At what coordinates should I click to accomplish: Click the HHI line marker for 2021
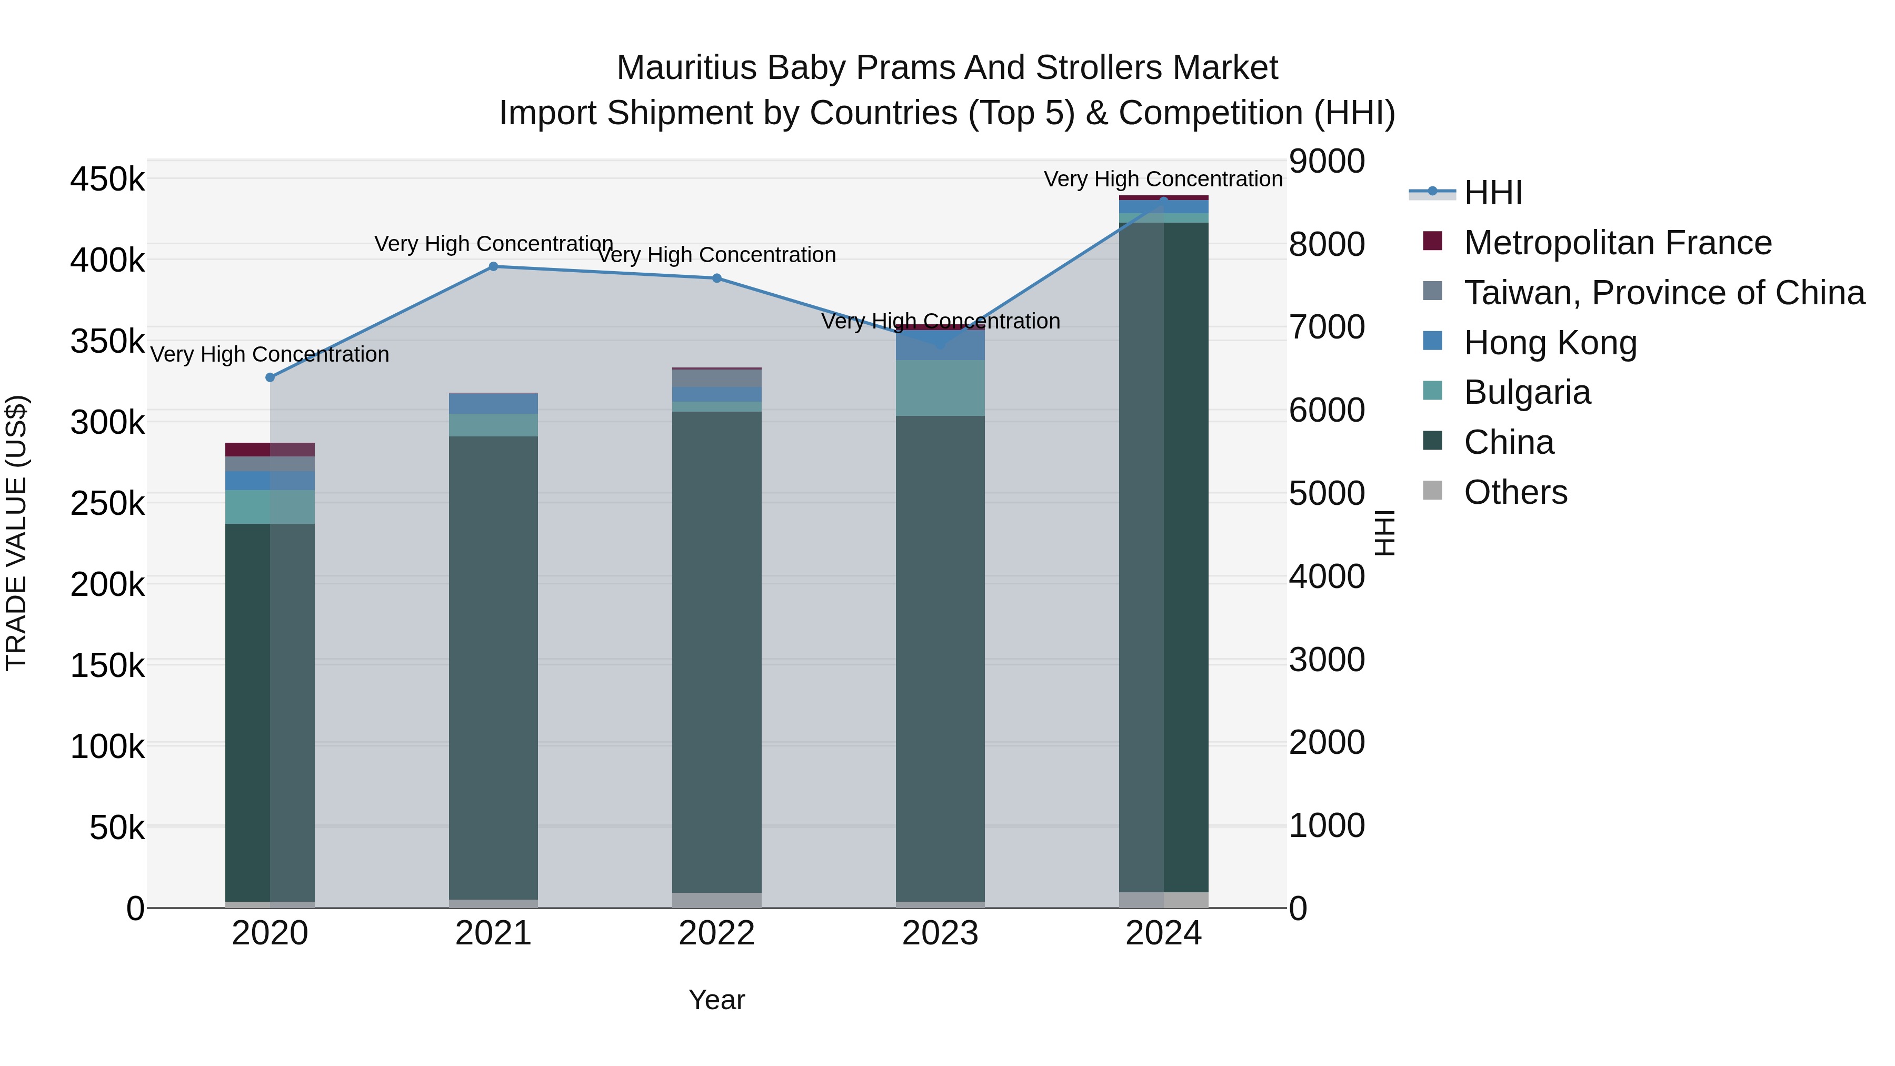[494, 267]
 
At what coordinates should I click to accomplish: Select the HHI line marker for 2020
[270, 378]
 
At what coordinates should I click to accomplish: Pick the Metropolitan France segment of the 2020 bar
[270, 450]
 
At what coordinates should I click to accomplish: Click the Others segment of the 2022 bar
[716, 901]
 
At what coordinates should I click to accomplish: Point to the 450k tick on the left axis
[107, 180]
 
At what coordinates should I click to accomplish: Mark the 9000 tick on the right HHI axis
[1326, 162]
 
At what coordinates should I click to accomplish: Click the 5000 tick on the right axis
[1326, 494]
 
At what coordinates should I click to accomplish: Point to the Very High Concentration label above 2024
[1162, 180]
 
